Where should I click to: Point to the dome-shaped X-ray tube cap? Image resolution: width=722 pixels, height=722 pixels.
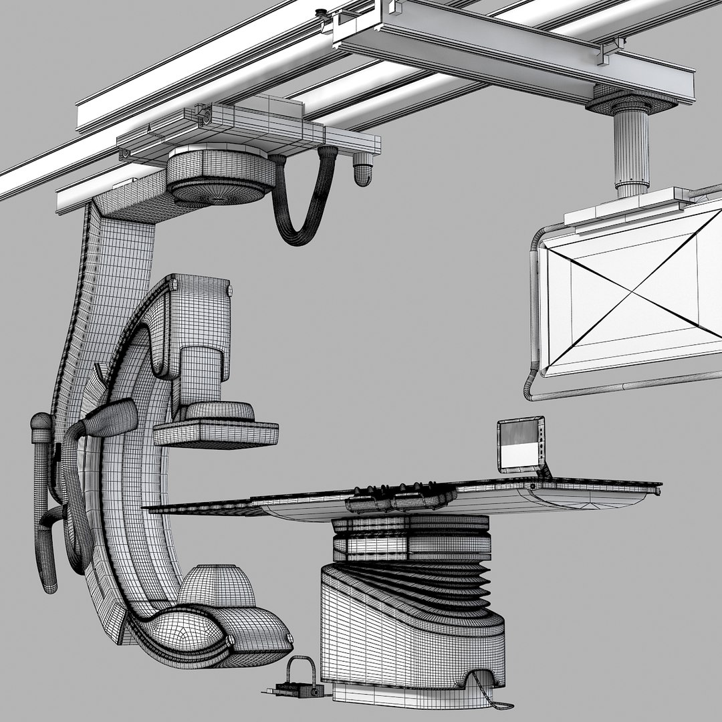tap(215, 586)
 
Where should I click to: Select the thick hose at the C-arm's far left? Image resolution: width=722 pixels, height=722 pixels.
tap(43, 501)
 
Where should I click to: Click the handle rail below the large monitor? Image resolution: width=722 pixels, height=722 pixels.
tap(622, 389)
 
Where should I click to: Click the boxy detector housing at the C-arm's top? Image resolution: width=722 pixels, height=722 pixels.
tap(201, 314)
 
